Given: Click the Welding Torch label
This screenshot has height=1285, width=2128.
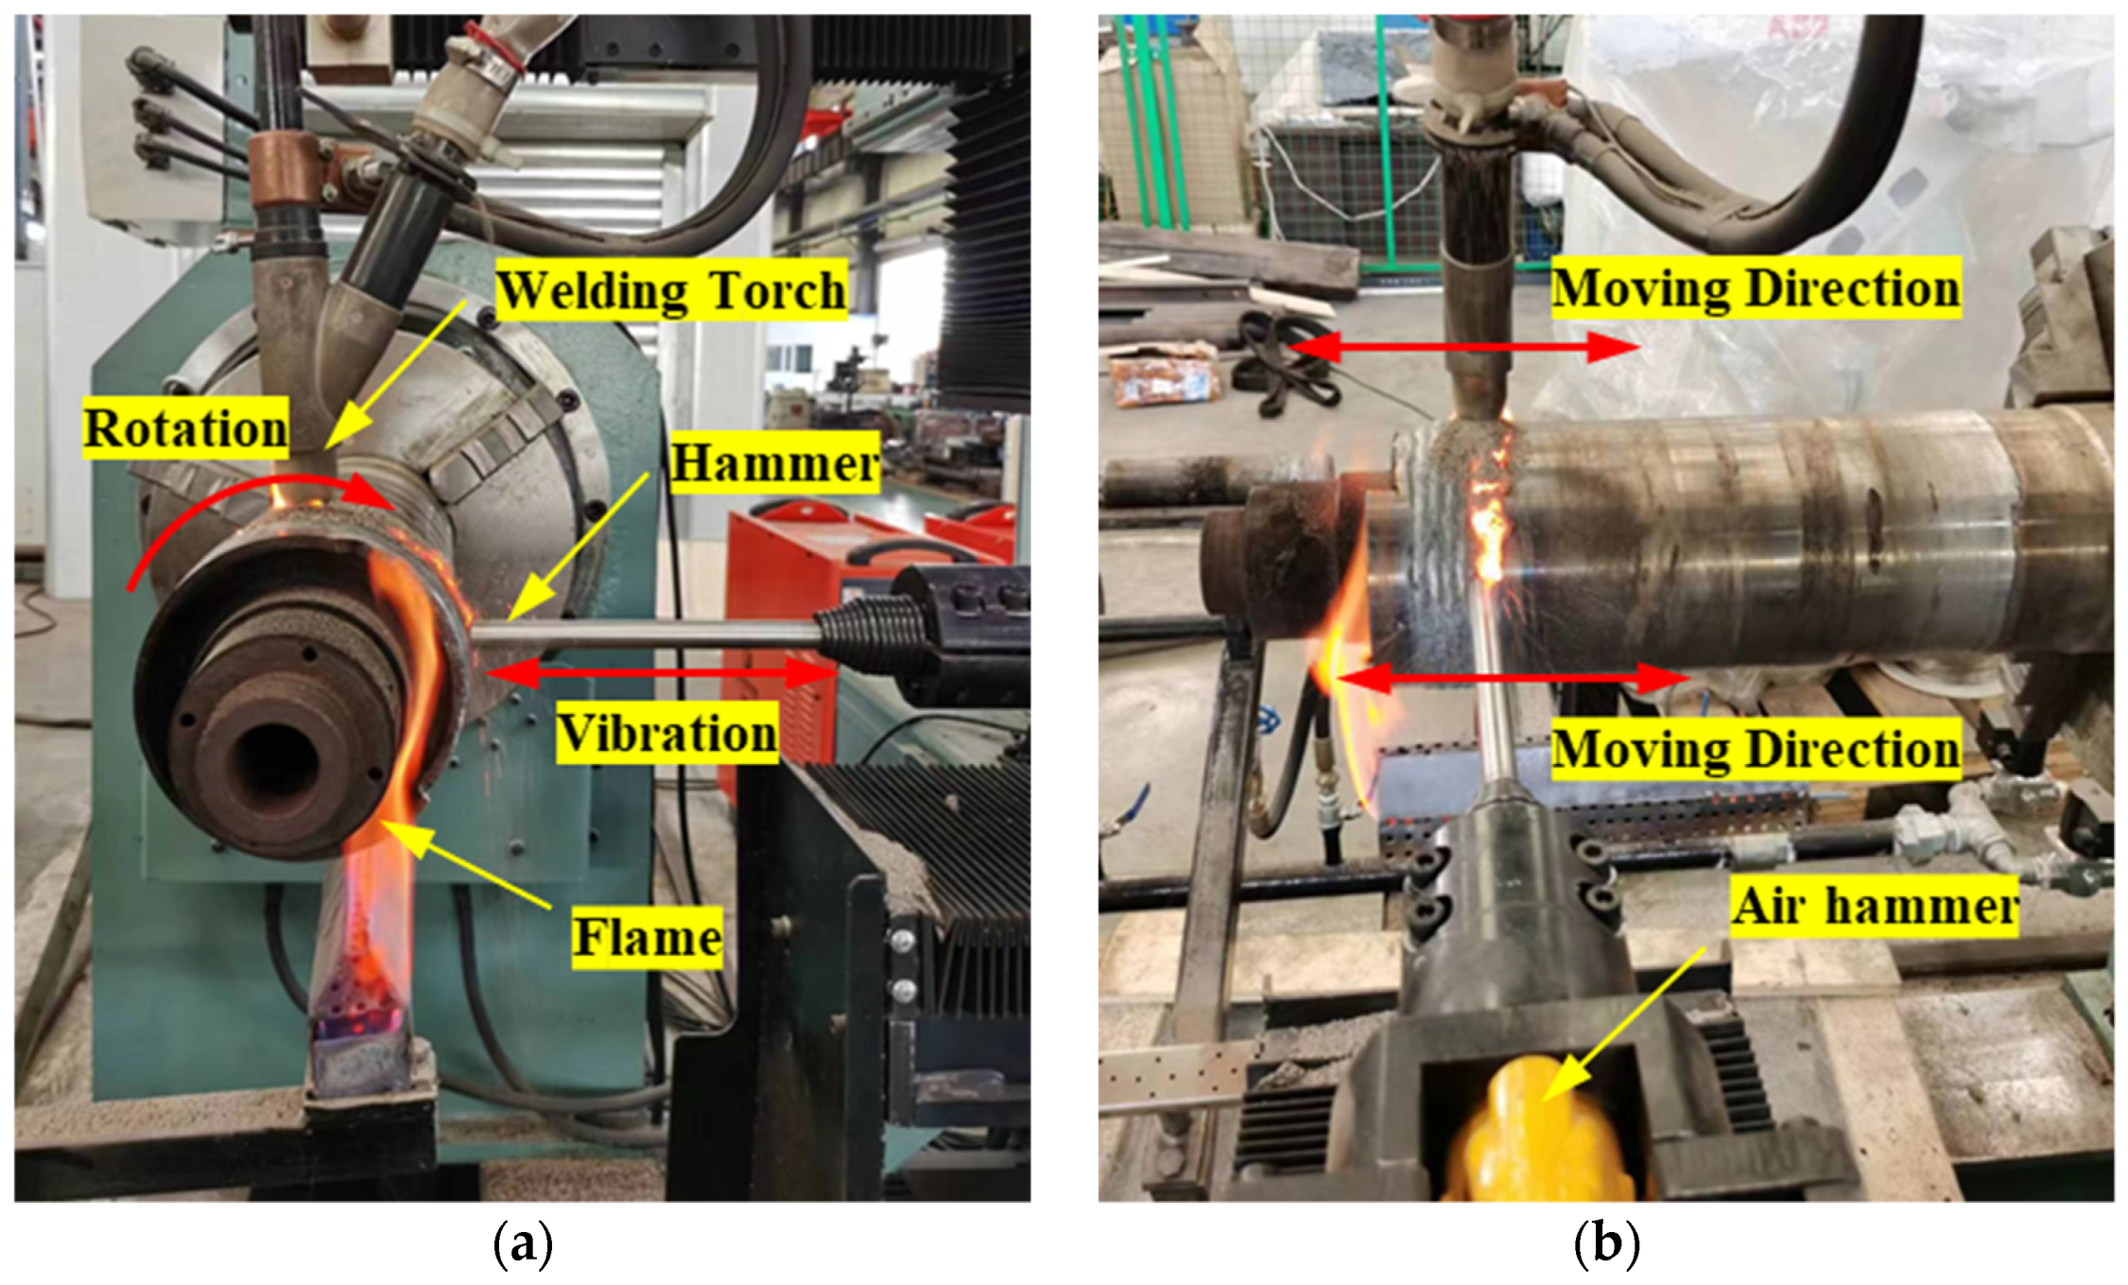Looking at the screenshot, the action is point(671,290).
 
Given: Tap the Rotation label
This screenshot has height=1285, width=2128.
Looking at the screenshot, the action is point(185,428).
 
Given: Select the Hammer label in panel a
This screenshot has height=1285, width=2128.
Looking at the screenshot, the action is point(774,463).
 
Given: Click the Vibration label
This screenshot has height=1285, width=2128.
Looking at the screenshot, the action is point(666,733).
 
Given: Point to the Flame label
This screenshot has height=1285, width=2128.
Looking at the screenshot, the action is point(647,938).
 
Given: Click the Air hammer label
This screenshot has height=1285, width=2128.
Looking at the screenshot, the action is point(1875,906).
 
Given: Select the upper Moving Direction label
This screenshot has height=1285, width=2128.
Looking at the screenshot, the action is point(1756,287).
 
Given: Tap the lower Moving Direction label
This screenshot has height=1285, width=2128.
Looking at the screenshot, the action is point(1756,749).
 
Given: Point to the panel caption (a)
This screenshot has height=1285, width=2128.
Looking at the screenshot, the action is point(522,1244).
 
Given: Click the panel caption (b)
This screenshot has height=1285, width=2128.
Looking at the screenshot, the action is point(1605,1244).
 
